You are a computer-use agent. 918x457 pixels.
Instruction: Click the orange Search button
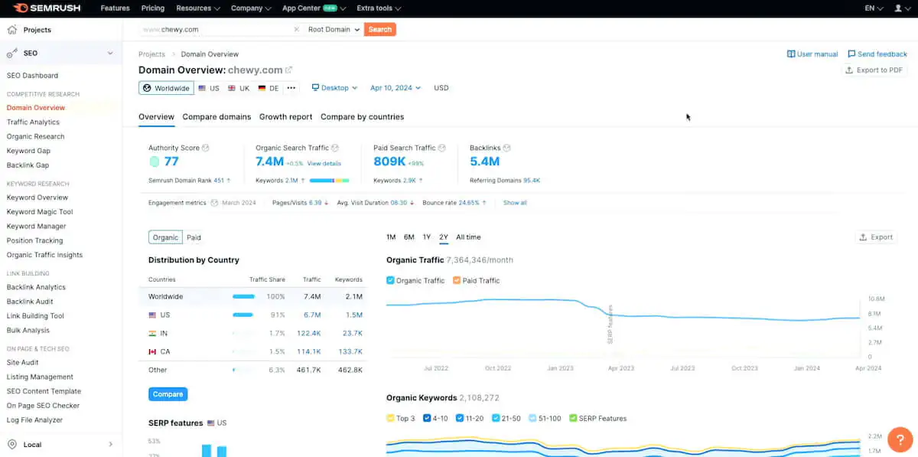coord(379,30)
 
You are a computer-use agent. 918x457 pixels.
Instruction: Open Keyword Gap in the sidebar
coord(28,151)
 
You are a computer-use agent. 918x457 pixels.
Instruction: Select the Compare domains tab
coord(216,117)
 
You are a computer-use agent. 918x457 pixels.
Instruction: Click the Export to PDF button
coord(873,70)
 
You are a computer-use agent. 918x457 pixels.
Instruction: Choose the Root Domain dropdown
coord(334,30)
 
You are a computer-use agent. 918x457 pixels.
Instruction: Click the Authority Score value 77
coord(171,162)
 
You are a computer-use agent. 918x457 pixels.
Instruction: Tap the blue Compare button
coord(168,394)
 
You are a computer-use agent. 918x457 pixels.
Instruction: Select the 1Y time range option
coord(427,237)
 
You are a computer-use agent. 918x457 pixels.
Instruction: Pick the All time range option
coord(468,237)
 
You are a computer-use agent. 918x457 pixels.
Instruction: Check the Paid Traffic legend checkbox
coord(457,281)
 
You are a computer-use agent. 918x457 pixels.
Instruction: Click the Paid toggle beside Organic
coord(194,238)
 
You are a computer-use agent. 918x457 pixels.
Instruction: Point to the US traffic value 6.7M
coord(311,315)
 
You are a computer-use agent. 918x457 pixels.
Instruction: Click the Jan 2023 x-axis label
coord(560,368)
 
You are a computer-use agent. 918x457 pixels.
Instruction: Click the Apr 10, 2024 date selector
coord(395,88)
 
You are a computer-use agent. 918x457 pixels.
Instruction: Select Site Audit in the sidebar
coord(22,362)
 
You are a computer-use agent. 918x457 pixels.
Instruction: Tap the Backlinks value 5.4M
coord(484,162)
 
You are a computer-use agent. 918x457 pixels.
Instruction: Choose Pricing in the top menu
coord(153,8)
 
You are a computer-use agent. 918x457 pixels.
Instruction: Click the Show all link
coord(515,203)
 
